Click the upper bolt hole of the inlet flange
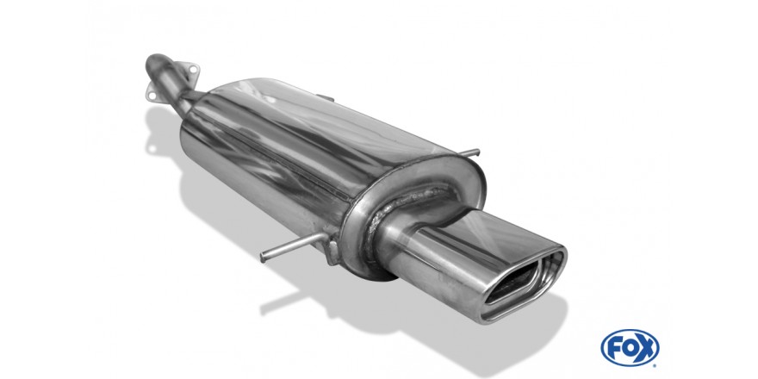click(193, 70)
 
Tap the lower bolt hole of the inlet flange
click(152, 96)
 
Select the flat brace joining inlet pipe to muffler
click(192, 96)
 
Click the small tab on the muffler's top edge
click(326, 98)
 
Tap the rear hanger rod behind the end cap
click(468, 153)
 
